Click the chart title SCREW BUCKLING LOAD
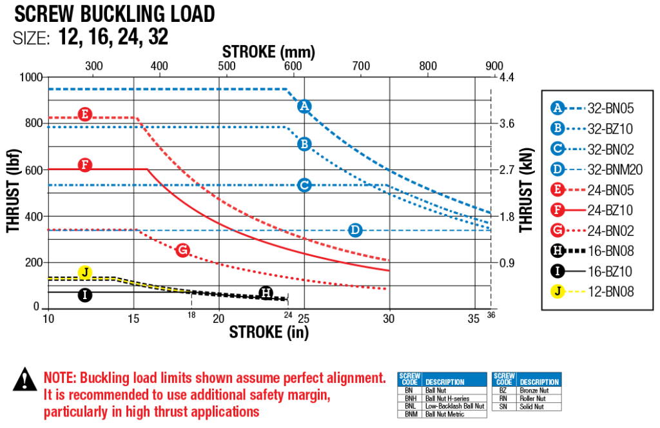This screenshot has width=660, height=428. tap(115, 14)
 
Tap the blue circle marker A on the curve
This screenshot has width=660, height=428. tap(305, 106)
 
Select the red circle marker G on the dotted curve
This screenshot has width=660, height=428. tap(182, 250)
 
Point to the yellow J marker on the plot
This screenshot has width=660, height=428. tap(84, 272)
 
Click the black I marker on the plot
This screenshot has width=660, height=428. tap(84, 295)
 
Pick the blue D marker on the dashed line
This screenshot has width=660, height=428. tap(354, 230)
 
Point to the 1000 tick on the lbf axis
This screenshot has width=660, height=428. tap(31, 77)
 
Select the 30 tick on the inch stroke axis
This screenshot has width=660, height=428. tap(389, 318)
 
